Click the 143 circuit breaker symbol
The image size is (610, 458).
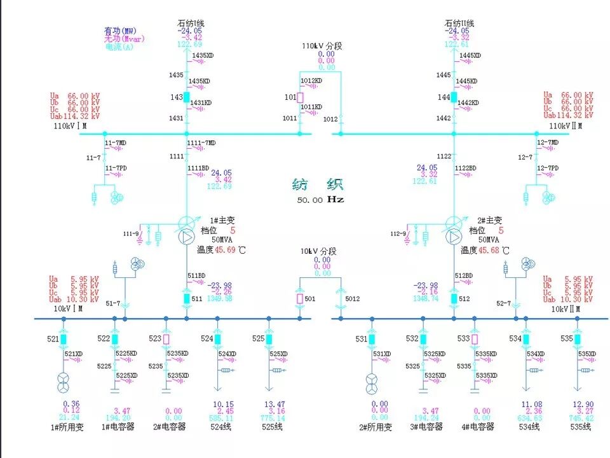187,97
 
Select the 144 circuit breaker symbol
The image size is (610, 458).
454,97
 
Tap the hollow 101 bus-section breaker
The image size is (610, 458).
300,97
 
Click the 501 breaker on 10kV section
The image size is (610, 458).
300,298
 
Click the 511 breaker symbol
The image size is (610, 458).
187,298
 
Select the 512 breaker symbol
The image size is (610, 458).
454,298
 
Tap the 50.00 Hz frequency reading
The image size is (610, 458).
320,199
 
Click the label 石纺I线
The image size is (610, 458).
191,24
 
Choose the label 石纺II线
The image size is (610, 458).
459,24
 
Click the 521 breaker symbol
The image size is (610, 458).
64,339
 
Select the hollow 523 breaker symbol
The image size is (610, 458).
166,339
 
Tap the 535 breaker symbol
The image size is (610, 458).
577,339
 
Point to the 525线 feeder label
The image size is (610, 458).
272,427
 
